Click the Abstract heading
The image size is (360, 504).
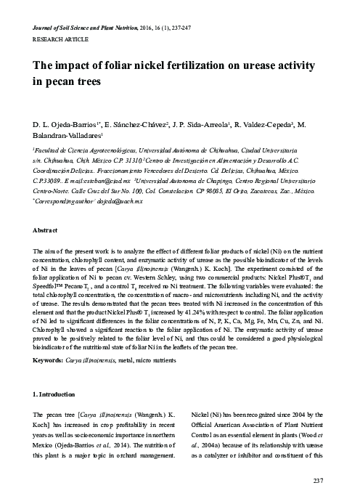(48, 229)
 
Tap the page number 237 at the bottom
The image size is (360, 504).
(316, 481)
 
